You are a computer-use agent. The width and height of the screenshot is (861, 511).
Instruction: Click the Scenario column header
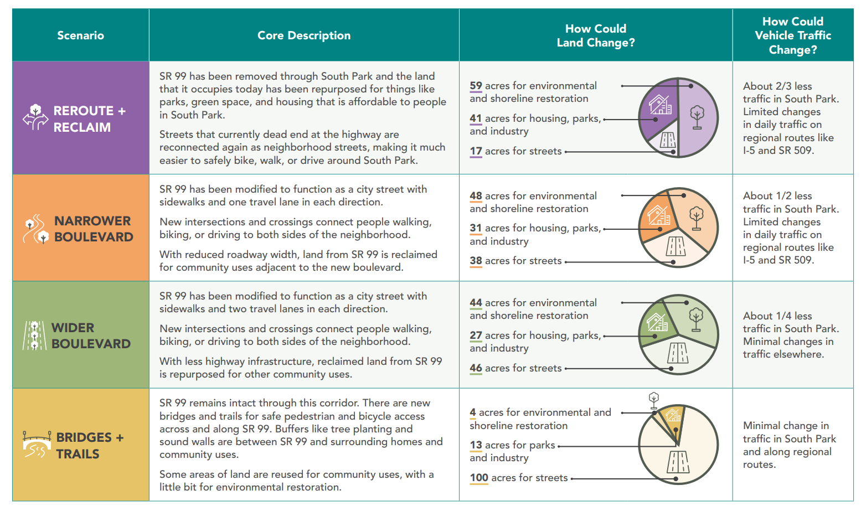tap(80, 35)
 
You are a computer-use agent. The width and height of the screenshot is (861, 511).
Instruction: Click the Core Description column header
tap(303, 35)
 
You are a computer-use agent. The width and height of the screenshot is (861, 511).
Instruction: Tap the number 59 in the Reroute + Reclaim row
tap(476, 85)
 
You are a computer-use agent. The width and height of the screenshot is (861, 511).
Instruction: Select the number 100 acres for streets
tap(479, 478)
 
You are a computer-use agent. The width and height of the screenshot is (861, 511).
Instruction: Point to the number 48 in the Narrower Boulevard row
tap(476, 195)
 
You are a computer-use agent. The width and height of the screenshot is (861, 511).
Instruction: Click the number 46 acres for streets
tap(476, 368)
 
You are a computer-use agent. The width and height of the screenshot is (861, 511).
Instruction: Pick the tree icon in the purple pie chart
tap(697, 117)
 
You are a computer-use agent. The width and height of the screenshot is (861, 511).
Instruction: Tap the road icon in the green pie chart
tap(678, 353)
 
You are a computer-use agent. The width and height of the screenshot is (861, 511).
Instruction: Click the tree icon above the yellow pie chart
tap(654, 400)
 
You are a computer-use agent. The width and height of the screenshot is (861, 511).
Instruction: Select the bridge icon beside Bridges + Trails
tap(37, 444)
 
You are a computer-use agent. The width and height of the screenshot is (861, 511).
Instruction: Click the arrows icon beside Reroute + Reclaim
tap(36, 117)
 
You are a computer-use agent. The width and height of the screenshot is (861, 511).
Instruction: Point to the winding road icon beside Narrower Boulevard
tap(36, 229)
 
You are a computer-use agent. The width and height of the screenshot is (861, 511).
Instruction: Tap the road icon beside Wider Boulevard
tap(34, 335)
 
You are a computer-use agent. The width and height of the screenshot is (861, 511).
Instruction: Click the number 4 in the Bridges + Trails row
tap(473, 412)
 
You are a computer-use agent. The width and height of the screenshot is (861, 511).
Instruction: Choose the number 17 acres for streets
tap(476, 151)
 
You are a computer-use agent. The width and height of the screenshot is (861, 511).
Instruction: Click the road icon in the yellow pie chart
tap(678, 462)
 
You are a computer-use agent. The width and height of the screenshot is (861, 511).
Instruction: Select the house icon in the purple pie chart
tap(661, 105)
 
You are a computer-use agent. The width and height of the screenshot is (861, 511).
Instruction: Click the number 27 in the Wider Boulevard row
tap(476, 335)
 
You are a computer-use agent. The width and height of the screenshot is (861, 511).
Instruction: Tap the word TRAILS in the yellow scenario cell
tap(78, 454)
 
